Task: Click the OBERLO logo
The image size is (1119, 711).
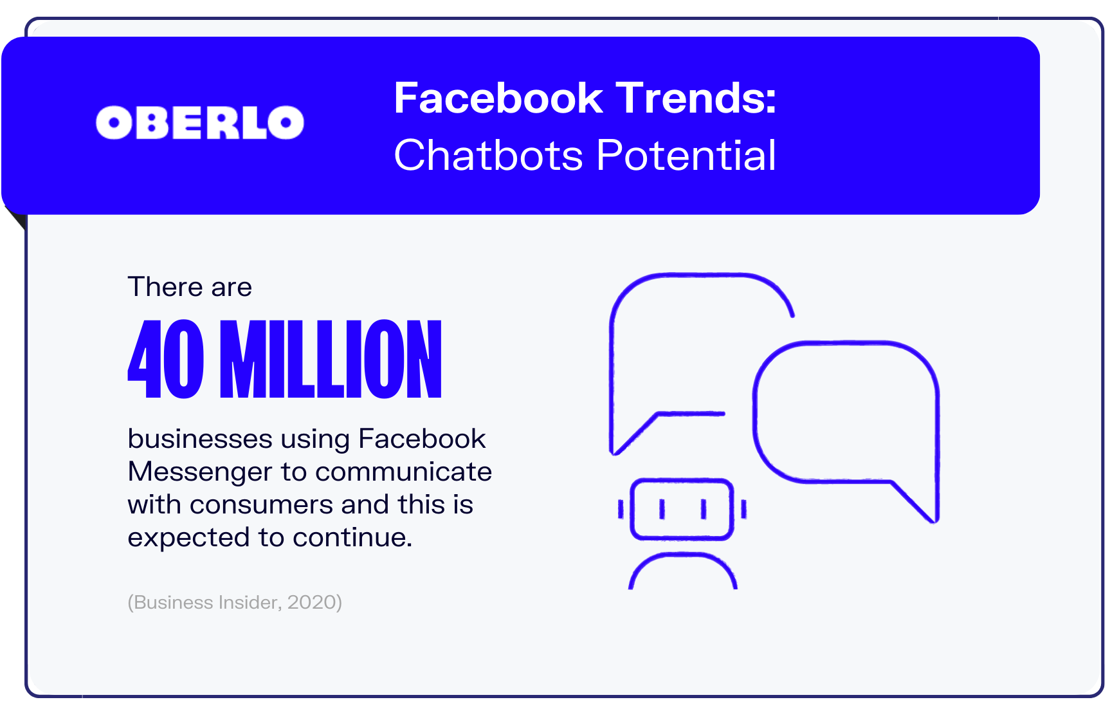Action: click(200, 122)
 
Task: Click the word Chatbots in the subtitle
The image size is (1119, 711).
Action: click(489, 155)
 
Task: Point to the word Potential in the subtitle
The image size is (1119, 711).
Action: click(686, 155)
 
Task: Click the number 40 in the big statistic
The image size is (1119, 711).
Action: click(166, 359)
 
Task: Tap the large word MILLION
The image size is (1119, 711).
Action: click(331, 359)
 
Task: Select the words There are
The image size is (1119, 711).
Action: click(190, 287)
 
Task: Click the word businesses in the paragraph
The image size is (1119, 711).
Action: click(200, 439)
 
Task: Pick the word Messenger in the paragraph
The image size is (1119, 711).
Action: click(200, 472)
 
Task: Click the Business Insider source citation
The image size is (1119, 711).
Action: click(235, 602)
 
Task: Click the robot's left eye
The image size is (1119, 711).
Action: click(662, 510)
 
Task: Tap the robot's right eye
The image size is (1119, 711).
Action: click(704, 510)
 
